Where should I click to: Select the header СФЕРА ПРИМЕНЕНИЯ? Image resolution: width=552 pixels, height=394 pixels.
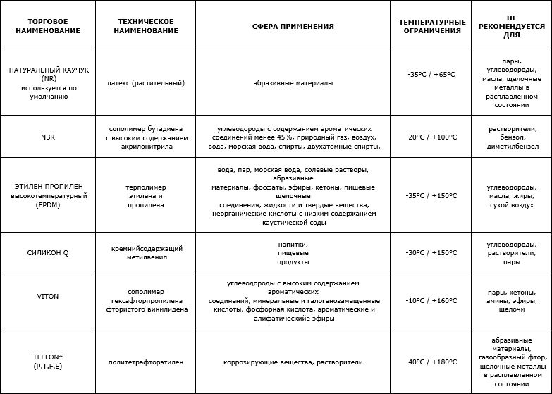[x=293, y=26]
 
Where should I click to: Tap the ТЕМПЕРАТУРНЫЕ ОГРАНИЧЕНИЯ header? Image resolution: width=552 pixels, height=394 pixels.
[x=431, y=26]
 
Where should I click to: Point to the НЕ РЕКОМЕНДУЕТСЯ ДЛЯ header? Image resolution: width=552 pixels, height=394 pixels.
[x=512, y=25]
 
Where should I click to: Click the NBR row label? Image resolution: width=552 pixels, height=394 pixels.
[x=48, y=137]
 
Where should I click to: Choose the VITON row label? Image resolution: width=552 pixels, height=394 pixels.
[x=48, y=297]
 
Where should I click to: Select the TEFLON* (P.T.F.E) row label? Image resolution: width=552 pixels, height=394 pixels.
[x=48, y=362]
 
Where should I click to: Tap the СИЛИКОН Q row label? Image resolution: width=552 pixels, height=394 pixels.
[x=48, y=252]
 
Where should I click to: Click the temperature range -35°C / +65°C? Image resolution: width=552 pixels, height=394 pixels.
[x=431, y=74]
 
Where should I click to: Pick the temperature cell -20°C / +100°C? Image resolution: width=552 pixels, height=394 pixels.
[x=431, y=137]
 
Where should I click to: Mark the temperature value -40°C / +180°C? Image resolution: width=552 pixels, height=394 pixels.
[x=431, y=362]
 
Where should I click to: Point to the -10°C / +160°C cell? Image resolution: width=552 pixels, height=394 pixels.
[x=431, y=301]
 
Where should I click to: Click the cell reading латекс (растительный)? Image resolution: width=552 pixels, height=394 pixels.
[x=147, y=82]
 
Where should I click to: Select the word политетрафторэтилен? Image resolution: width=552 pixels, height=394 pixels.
[x=147, y=362]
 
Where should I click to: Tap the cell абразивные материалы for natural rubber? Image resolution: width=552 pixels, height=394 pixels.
[x=293, y=82]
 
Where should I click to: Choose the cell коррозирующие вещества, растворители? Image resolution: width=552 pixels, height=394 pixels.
[x=293, y=362]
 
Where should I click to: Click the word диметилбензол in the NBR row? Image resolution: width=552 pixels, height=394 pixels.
[x=513, y=147]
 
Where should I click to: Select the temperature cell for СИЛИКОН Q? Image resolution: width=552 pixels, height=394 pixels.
[x=431, y=252]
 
